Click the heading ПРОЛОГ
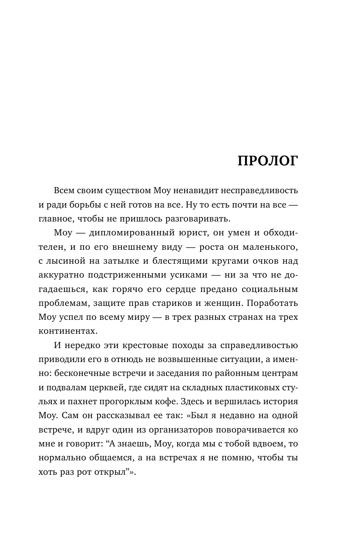coord(268,161)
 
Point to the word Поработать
coord(272,303)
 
